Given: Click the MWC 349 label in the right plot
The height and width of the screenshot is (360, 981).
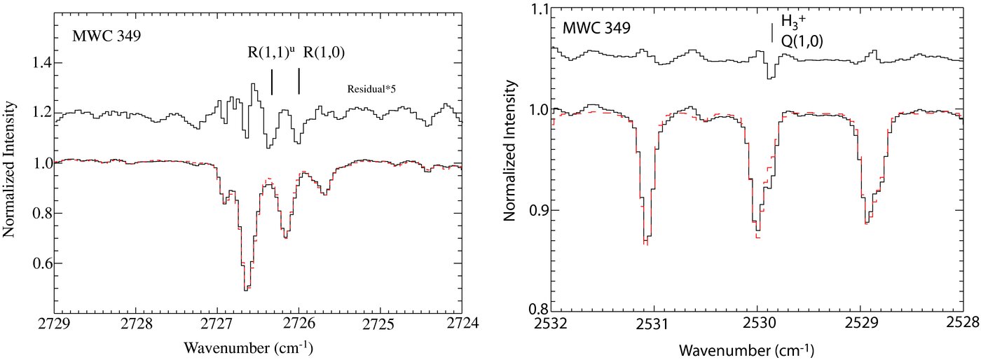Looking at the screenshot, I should [596, 29].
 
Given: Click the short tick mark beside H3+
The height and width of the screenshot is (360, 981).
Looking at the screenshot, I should [772, 34].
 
